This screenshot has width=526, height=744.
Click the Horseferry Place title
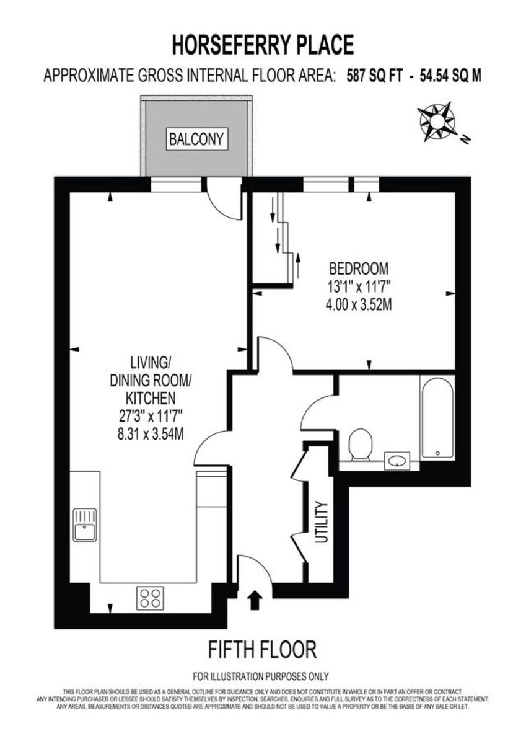[263, 45]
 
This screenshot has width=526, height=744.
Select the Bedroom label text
[359, 269]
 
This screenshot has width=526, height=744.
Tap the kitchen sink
[85, 525]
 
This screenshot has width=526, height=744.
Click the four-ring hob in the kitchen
[151, 598]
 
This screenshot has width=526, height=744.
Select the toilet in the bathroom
[359, 445]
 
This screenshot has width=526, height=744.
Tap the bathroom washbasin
[397, 461]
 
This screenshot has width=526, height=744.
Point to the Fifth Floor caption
[262, 649]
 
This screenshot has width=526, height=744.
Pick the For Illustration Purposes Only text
[261, 676]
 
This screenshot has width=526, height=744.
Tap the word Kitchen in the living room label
[151, 397]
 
